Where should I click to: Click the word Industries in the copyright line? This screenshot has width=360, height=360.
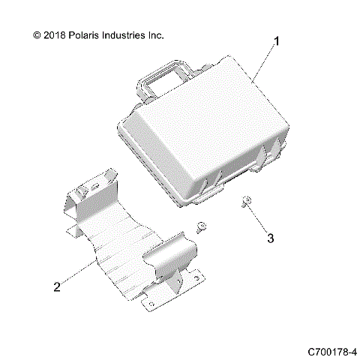pos(136,34)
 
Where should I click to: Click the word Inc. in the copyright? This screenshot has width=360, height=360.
pos(174,34)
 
